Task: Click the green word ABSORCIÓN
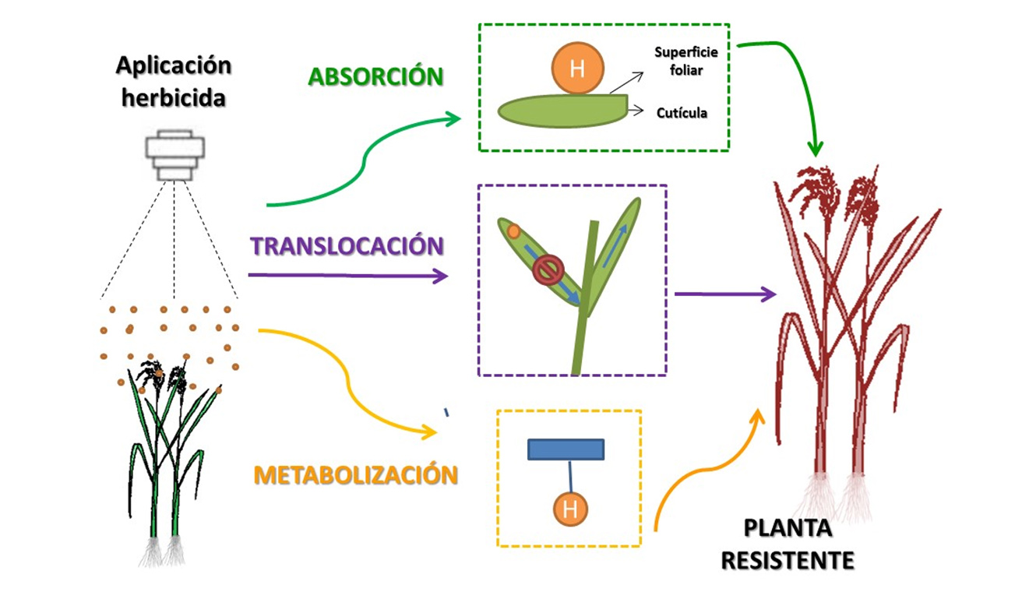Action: (375, 76)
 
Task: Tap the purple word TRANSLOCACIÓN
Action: (347, 245)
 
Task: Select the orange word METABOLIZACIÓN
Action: (356, 475)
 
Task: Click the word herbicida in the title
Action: (174, 98)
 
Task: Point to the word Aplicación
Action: (174, 66)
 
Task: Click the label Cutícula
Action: (682, 113)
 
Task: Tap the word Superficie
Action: (686, 52)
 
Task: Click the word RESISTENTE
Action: (788, 561)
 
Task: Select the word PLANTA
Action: (788, 528)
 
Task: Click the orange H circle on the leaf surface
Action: (577, 69)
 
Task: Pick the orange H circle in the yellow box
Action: (570, 509)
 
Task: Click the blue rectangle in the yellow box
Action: (566, 449)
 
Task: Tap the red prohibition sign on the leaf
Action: (548, 270)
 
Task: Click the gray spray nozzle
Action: (174, 155)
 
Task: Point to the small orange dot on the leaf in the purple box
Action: (513, 231)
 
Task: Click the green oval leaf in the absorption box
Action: (562, 111)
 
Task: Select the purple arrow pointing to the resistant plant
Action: (725, 294)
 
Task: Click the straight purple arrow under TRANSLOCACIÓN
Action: (347, 276)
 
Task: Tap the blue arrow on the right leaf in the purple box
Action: (615, 245)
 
